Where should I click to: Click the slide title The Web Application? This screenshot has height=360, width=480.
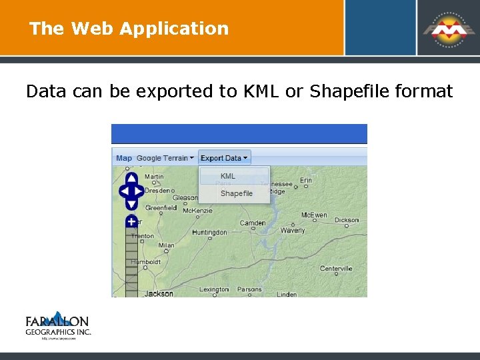click(129, 29)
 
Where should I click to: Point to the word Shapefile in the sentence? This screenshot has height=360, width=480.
click(348, 91)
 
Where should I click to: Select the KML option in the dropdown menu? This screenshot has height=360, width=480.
click(228, 176)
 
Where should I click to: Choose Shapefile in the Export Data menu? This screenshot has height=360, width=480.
click(236, 193)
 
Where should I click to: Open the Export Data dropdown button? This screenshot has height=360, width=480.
click(224, 158)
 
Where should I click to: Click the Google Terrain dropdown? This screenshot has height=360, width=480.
click(165, 158)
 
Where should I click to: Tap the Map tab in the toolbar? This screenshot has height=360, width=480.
click(124, 158)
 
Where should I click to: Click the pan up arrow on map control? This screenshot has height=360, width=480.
click(131, 178)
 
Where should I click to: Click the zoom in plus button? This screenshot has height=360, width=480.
click(131, 221)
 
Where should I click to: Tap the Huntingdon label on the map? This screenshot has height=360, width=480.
click(209, 233)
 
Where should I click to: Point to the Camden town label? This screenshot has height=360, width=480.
click(253, 223)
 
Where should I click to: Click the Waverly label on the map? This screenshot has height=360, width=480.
click(293, 231)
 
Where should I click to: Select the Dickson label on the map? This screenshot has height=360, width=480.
click(346, 219)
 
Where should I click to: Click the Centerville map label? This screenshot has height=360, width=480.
click(335, 269)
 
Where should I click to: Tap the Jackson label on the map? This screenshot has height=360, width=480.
click(159, 293)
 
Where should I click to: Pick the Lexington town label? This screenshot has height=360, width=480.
click(214, 289)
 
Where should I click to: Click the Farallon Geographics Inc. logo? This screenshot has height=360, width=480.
click(58, 326)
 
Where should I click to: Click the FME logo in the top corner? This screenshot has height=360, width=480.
click(447, 28)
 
